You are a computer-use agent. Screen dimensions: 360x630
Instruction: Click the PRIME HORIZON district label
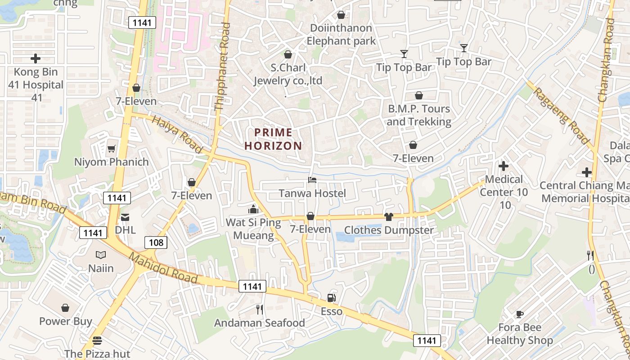(x=273, y=139)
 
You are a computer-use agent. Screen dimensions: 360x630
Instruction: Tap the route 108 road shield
(x=156, y=243)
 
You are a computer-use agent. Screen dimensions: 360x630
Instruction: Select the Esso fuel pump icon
(x=331, y=297)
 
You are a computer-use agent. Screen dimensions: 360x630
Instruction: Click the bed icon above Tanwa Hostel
(x=312, y=180)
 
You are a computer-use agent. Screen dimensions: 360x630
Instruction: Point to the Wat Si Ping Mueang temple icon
(x=253, y=209)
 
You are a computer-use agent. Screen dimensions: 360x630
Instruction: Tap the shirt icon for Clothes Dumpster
(x=389, y=217)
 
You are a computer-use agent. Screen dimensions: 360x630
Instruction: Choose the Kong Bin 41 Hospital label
(x=36, y=85)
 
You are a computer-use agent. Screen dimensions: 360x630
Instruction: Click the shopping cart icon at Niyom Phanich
(x=111, y=148)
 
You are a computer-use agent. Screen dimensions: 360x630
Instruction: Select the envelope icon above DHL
(x=125, y=217)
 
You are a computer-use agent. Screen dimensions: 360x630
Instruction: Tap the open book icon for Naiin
(x=101, y=255)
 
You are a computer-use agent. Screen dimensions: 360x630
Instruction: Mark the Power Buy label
(x=66, y=321)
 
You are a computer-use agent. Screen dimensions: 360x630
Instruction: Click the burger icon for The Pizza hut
(x=97, y=340)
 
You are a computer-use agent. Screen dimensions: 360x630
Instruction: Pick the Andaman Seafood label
(x=259, y=323)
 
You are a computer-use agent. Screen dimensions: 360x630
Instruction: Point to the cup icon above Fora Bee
(x=520, y=314)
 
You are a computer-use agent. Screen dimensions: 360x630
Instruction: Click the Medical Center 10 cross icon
(x=504, y=166)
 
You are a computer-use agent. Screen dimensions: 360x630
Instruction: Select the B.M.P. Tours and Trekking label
(x=419, y=115)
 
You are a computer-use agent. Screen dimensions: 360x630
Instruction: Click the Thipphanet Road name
(x=222, y=67)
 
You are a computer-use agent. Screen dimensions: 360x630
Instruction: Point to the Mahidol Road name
(x=163, y=269)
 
